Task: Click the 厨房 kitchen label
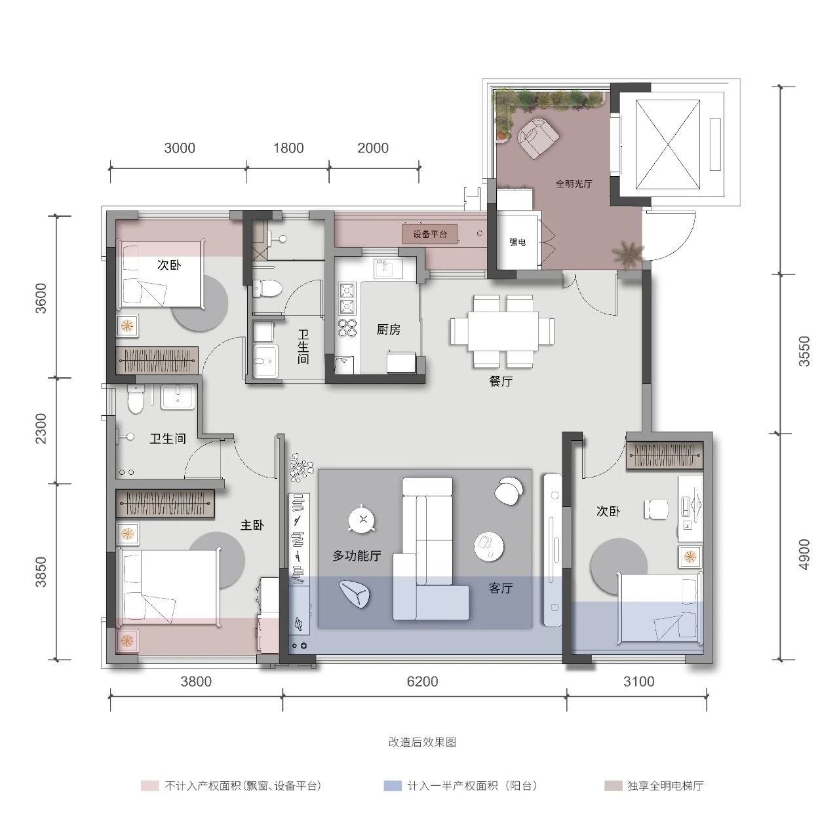389,330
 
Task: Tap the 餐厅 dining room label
501,381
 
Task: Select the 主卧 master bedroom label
252,525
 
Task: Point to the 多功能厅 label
357,555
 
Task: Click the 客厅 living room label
500,588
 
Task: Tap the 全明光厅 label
574,183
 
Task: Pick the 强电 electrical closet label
518,242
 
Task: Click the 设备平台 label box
430,234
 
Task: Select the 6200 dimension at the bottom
422,681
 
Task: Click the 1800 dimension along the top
288,148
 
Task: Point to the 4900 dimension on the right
804,554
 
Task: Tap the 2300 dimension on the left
41,428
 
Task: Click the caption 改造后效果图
422,741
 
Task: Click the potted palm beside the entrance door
627,255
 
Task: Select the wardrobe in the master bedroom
165,504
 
